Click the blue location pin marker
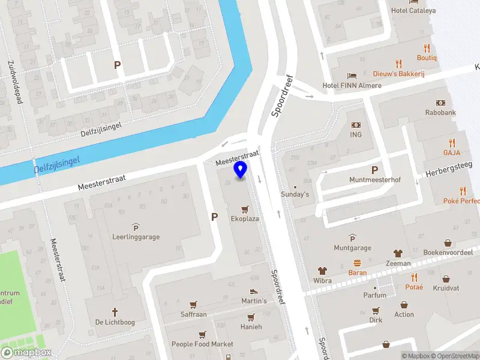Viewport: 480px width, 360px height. tap(241, 170)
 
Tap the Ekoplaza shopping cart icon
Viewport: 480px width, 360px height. tap(244, 209)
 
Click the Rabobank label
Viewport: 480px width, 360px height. tap(441, 112)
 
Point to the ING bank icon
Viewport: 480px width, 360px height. tap(356, 125)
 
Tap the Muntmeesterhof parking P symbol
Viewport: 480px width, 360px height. tap(375, 170)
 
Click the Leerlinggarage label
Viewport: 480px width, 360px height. tap(136, 236)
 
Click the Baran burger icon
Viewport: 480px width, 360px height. tap(358, 263)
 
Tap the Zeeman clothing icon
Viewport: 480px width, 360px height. tap(398, 253)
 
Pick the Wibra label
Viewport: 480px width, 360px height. tap(322, 280)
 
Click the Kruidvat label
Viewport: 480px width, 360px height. tap(446, 288)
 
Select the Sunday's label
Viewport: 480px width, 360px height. tap(295, 194)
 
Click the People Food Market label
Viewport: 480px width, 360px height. tap(202, 344)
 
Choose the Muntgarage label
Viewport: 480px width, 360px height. tap(352, 248)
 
